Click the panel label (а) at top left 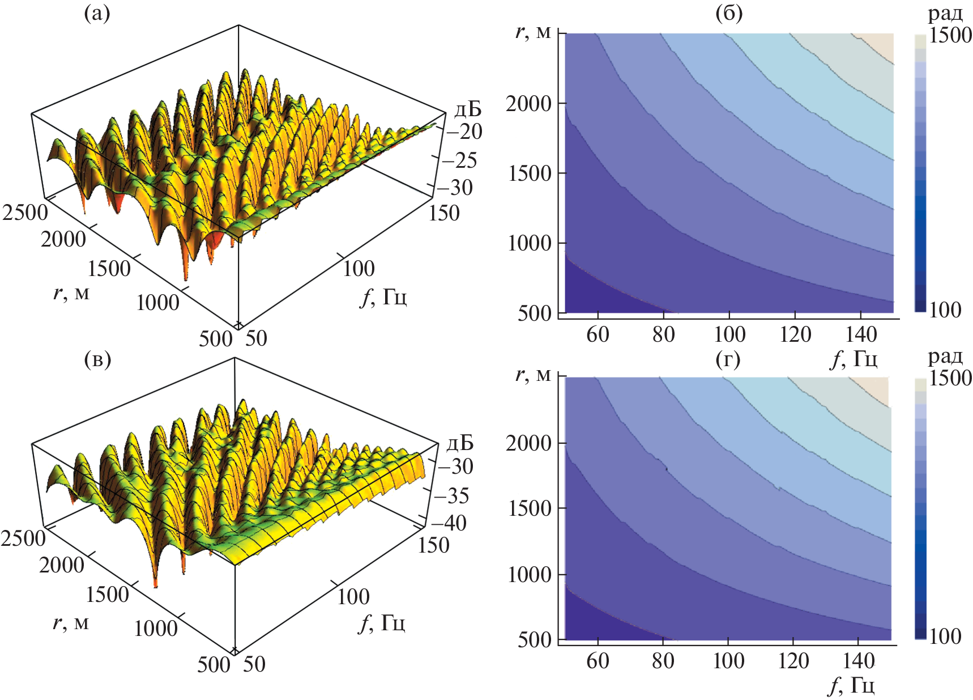(x=97, y=13)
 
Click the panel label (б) (x=728, y=13)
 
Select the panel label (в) (x=97, y=359)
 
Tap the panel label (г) (x=728, y=359)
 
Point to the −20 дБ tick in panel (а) (x=463, y=131)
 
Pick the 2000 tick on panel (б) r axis (x=528, y=104)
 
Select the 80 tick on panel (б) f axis (x=663, y=334)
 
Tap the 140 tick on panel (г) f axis (x=859, y=660)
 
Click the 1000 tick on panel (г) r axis (x=530, y=575)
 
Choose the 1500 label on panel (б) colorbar (x=950, y=35)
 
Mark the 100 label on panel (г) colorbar (x=945, y=637)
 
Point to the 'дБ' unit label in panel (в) (x=459, y=443)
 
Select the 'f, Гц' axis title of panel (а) (x=383, y=296)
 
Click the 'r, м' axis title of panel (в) (x=71, y=622)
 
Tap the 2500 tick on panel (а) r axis (x=25, y=213)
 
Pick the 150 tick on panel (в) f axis (x=433, y=545)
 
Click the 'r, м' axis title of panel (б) (x=533, y=32)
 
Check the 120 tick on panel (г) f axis (x=793, y=660)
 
